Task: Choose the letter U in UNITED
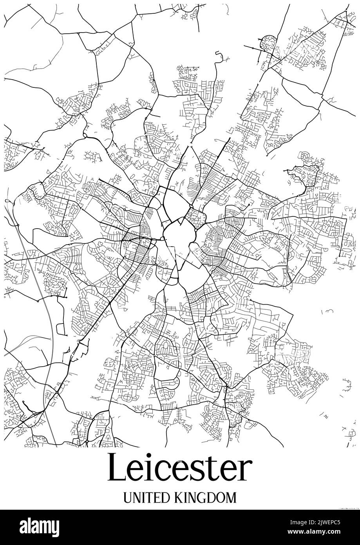pyautogui.click(x=127, y=498)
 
